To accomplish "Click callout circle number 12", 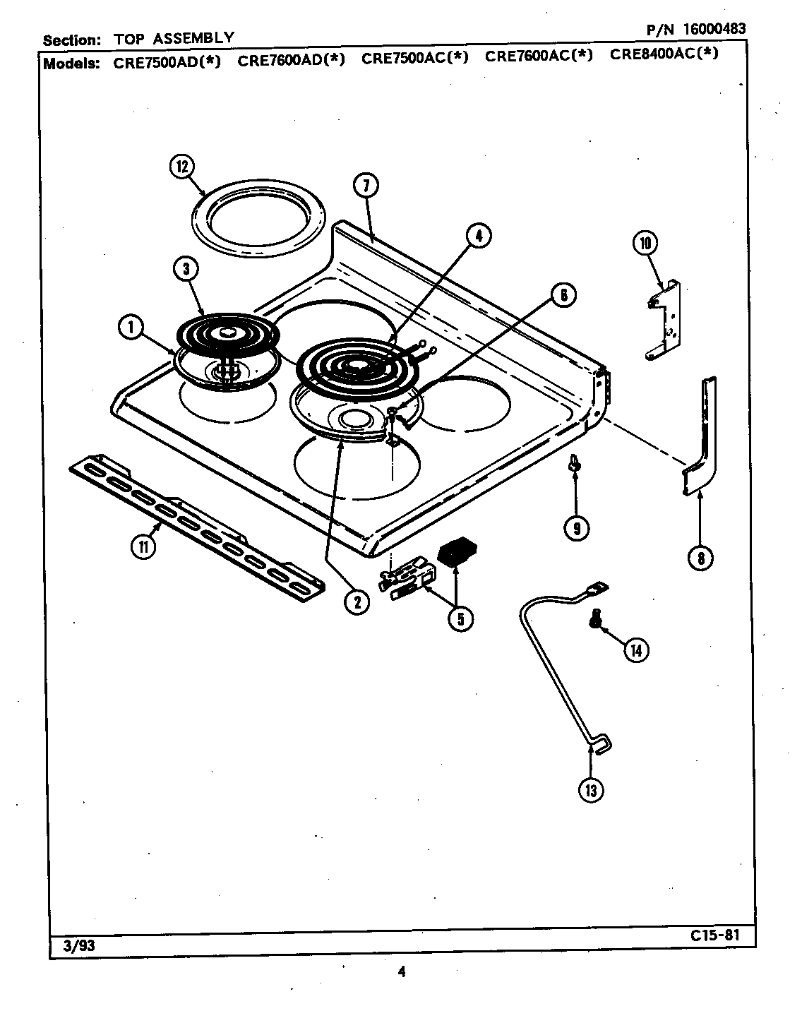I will click(181, 167).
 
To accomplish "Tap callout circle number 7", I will click(366, 186).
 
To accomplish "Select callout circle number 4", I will click(478, 236).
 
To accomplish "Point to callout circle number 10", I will click(644, 244).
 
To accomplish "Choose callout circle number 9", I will click(577, 527).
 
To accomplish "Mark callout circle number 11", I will click(143, 547).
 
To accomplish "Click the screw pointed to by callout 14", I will click(596, 619).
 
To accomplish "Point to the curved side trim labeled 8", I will click(702, 438).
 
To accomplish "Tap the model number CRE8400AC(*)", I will click(664, 54).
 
